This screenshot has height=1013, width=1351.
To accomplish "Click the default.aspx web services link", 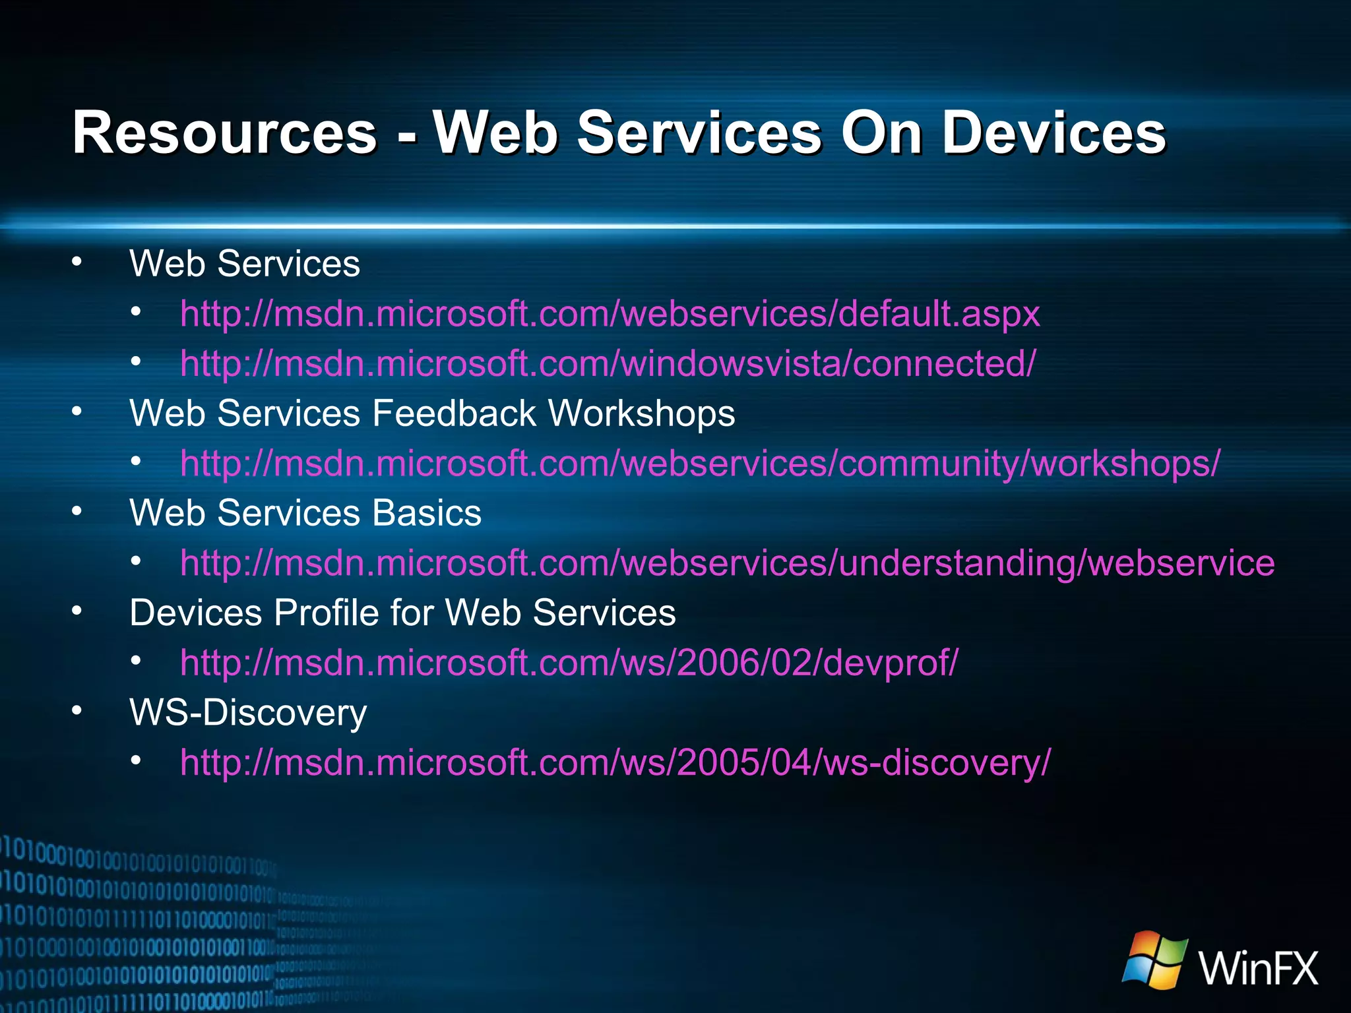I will point(610,314).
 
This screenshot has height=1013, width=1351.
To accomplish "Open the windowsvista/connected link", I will point(608,364).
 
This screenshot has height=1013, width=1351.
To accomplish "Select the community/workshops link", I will point(700,464).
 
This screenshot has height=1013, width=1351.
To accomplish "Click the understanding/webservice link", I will point(727,563).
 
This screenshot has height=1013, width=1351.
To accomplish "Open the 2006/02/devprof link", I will point(569,663).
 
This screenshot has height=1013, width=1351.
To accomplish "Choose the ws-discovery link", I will point(615,762).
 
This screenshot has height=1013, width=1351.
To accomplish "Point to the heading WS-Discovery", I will point(248,713).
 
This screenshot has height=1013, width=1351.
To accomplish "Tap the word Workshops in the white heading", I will point(641,414).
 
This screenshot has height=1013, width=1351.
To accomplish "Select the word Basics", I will point(427,513).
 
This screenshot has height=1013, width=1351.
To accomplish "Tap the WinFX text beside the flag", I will point(1259,967).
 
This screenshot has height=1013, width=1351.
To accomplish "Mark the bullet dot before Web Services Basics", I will point(77,512).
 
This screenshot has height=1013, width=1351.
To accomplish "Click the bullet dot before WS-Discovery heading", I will point(77,711).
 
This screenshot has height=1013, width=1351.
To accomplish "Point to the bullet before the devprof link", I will point(136,660).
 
